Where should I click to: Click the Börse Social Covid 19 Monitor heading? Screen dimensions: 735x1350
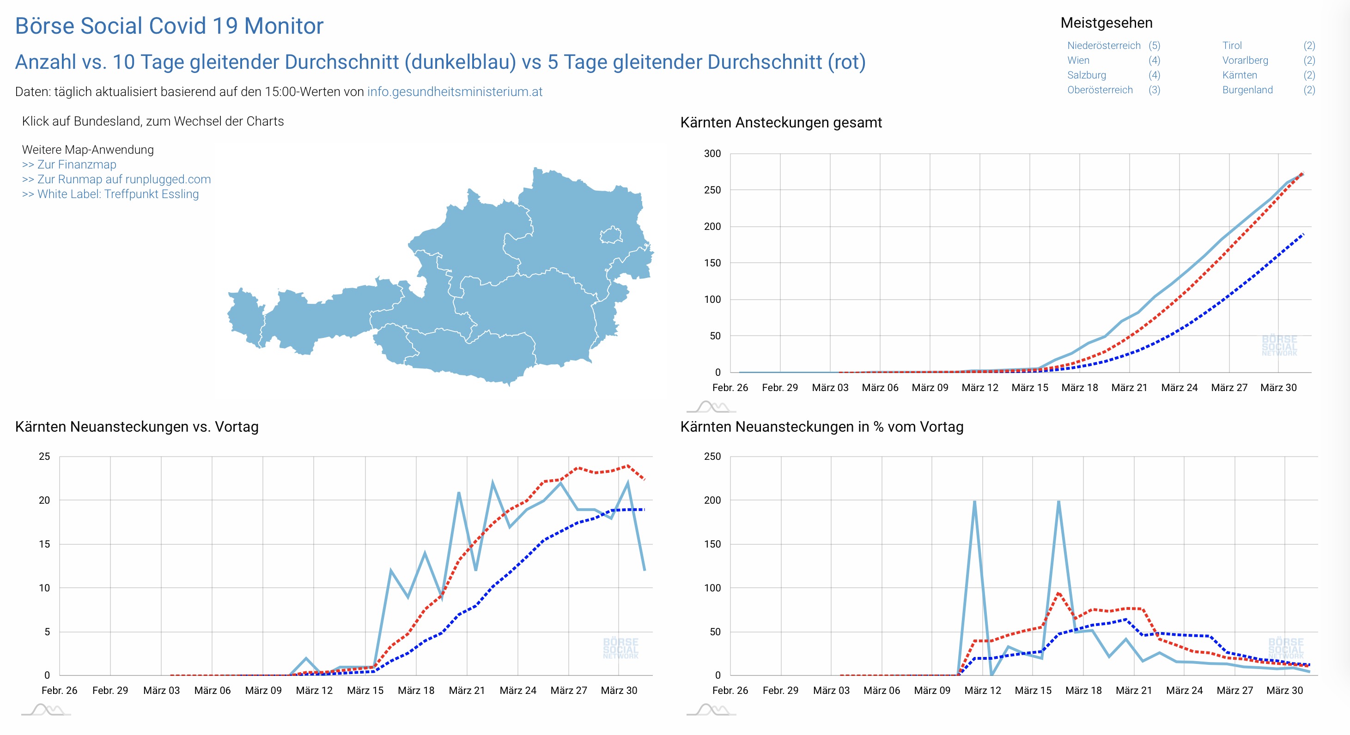[x=169, y=26]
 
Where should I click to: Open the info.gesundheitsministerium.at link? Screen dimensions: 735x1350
[x=454, y=92]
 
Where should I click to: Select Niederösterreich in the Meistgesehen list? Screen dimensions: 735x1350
[x=1104, y=46]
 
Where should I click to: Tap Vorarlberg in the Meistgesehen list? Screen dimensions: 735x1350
[x=1245, y=60]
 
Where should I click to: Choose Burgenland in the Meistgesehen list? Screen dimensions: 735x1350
[x=1247, y=90]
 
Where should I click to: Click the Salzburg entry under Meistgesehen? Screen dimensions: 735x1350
[x=1086, y=75]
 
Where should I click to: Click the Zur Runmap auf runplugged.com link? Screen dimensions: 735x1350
[x=116, y=179]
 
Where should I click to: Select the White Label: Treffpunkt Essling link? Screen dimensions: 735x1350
[x=110, y=194]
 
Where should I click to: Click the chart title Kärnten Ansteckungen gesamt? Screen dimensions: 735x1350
[x=781, y=123]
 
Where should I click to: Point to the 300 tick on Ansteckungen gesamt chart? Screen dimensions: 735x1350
[x=712, y=153]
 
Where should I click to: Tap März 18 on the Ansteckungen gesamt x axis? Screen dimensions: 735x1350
[x=1079, y=388]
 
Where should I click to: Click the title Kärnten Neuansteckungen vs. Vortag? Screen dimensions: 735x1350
[x=137, y=427]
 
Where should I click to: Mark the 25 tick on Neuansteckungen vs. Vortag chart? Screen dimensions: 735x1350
[x=44, y=456]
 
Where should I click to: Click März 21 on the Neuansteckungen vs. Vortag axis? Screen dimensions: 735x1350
[x=467, y=691]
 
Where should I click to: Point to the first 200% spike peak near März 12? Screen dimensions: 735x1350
[x=974, y=502]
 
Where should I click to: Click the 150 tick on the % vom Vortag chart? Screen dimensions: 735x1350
[x=712, y=544]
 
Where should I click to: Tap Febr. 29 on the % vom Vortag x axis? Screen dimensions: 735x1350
[x=780, y=691]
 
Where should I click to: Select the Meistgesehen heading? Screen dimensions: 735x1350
[x=1107, y=23]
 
